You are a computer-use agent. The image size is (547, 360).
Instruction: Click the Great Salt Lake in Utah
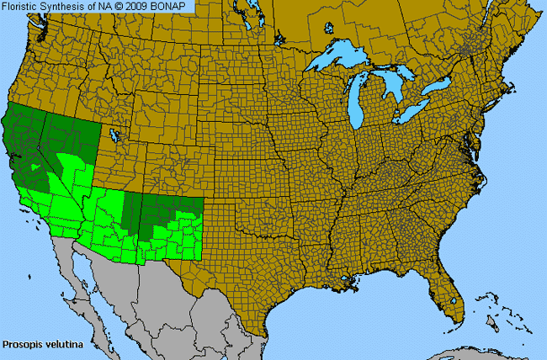pyautogui.click(x=111, y=134)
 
